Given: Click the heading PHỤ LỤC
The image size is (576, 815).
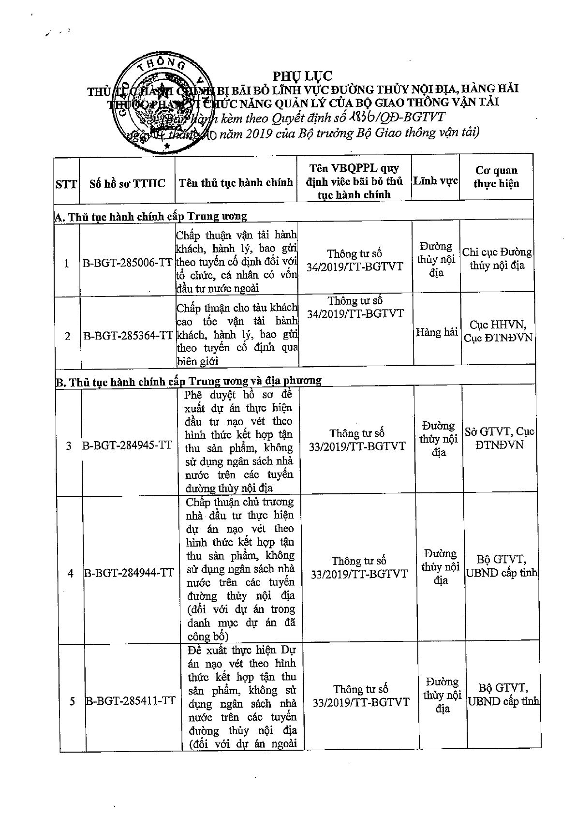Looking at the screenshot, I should coord(303,76).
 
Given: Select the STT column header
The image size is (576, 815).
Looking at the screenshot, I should coord(66,184).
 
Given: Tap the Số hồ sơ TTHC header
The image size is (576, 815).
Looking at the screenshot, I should coord(127,183).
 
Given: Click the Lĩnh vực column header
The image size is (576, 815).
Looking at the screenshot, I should coord(435,181).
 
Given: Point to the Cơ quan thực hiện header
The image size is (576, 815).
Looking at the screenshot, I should coord(496,177).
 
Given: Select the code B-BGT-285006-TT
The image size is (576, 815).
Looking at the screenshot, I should coord(127,263).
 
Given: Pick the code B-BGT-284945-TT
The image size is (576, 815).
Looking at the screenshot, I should coord(127,445).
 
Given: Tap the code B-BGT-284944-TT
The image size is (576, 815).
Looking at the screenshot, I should coord(129,573).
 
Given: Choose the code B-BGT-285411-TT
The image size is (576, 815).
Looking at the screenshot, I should coord(130,701).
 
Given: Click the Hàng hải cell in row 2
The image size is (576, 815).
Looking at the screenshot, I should coord(437,332).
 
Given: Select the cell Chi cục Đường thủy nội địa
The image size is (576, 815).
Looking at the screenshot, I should coord(497,259).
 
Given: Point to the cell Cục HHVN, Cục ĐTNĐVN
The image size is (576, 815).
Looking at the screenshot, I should coord(498,331).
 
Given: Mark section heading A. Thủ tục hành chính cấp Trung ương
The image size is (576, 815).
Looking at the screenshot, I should coord(151,216).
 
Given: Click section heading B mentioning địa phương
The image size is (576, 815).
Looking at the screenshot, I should coord(189,381).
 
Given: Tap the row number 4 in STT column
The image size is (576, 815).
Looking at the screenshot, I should coord(71,574).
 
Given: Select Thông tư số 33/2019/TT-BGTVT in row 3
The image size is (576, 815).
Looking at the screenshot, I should coord(357,440).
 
